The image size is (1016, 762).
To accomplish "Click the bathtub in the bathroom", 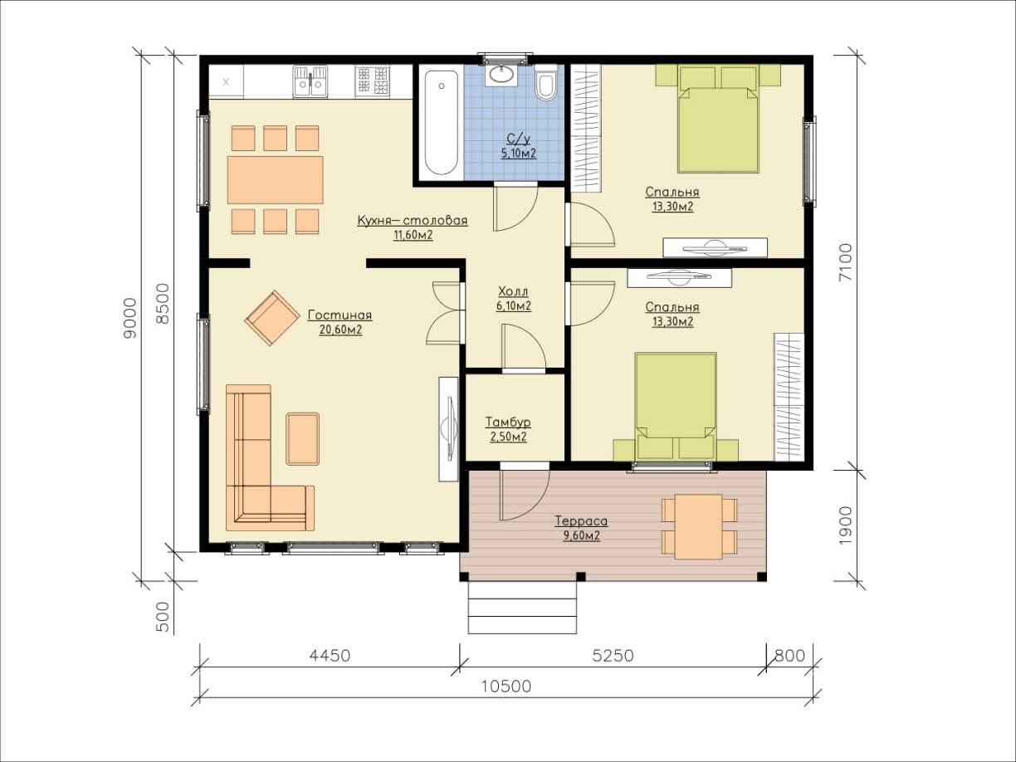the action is click(x=441, y=122).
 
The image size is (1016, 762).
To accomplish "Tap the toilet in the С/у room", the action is click(x=546, y=82).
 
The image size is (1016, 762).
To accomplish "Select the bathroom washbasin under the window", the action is click(x=501, y=75).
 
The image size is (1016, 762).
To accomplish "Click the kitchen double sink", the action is click(x=310, y=81).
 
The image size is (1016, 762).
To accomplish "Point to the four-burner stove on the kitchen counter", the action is click(x=372, y=81).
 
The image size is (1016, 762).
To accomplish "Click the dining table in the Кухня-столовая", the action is click(x=275, y=179).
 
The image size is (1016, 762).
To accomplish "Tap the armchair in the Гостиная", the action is click(x=272, y=318).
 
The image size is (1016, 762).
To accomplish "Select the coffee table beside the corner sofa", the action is click(x=303, y=438).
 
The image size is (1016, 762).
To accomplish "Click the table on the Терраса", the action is click(x=698, y=526).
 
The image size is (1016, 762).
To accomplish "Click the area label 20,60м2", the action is click(x=340, y=330).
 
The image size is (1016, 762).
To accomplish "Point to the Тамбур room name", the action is click(x=508, y=422).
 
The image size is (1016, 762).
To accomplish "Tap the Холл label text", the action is click(x=513, y=291).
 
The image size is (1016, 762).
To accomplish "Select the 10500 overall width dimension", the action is click(x=506, y=686).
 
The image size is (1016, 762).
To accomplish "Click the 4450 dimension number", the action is click(x=330, y=656).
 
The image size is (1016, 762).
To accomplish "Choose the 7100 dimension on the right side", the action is click(x=845, y=262).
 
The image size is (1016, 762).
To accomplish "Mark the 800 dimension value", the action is click(x=789, y=656).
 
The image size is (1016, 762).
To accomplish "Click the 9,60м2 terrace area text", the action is click(x=581, y=535).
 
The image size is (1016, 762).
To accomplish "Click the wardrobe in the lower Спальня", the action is click(x=789, y=397).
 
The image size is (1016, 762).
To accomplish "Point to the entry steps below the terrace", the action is click(x=522, y=608).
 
